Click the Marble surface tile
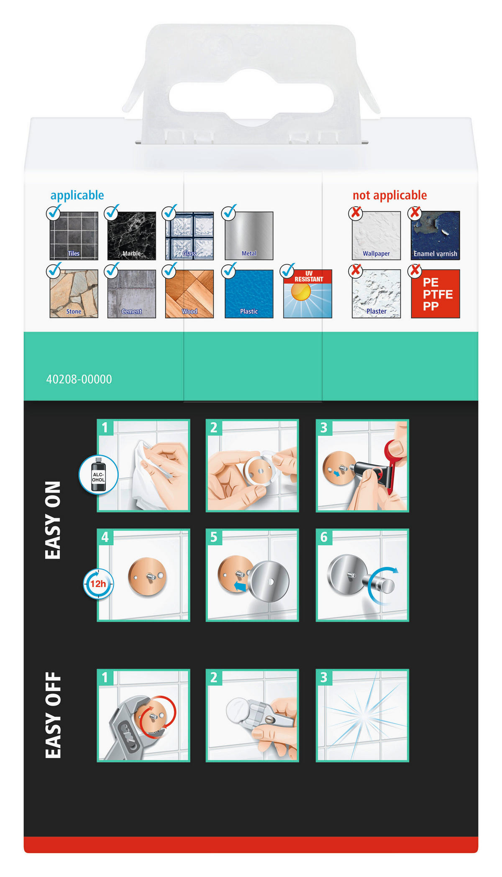(x=131, y=235)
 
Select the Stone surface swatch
(x=74, y=294)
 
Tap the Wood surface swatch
(x=190, y=294)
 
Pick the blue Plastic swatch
(x=249, y=294)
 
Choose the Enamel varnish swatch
(x=435, y=235)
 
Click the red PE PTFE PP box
(x=435, y=294)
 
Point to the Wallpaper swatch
(x=376, y=235)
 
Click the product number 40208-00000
(x=79, y=379)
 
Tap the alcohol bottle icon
(x=99, y=475)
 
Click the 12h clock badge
(x=98, y=584)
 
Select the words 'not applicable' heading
(x=389, y=195)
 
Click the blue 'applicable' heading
(x=77, y=195)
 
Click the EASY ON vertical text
(x=53, y=520)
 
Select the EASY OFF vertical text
(x=53, y=715)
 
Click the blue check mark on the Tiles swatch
(x=54, y=213)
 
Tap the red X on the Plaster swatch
(x=356, y=271)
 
